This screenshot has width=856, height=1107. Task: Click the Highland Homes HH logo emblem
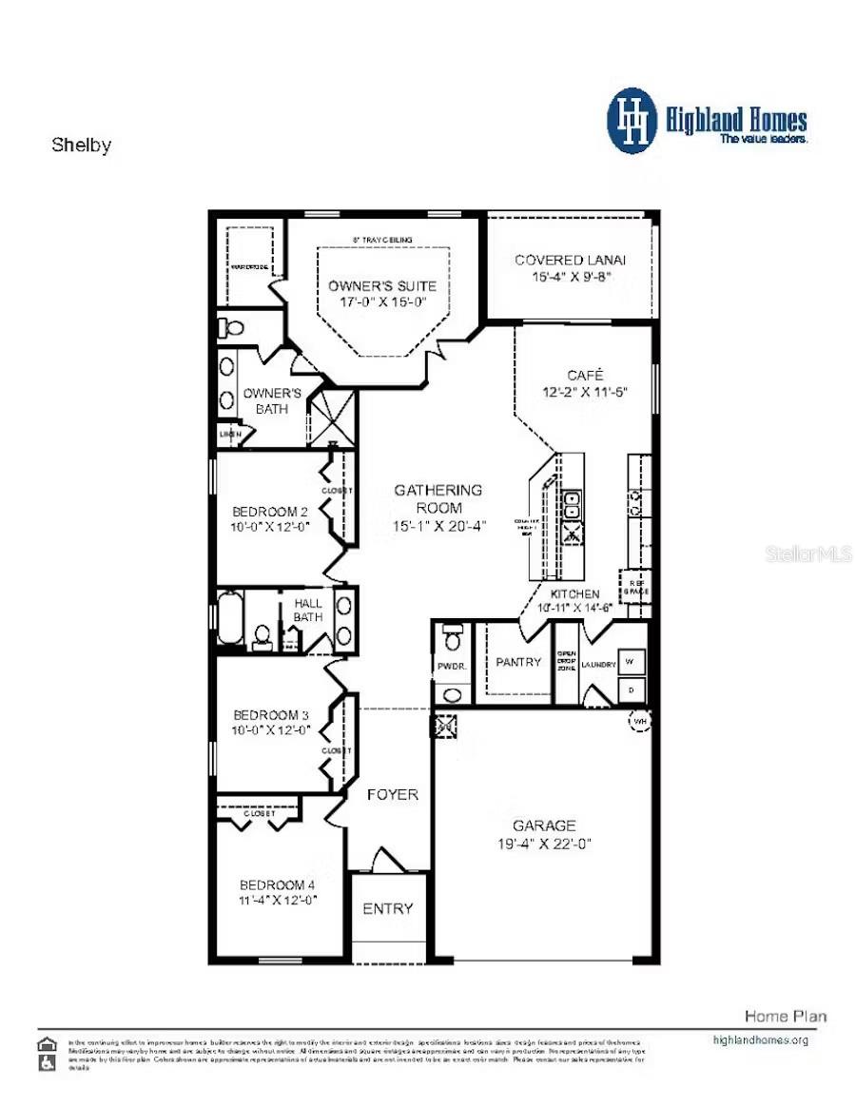pos(632,121)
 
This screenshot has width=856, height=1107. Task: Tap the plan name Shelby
pos(81,146)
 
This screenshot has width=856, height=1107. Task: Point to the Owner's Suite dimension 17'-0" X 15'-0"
pos(382,301)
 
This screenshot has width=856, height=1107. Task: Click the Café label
pos(585,375)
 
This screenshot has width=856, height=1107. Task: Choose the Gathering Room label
pos(438,490)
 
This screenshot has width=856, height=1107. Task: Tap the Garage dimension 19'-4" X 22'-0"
pos(544,844)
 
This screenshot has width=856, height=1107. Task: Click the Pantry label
pos(518,662)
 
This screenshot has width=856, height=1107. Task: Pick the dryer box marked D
pos(630,688)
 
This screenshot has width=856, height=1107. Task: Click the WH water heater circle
pos(639,721)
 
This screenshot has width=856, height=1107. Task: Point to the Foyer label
pos(392,794)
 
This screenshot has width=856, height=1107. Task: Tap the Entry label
pos(388,908)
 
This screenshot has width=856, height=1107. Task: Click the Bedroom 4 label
pos(278,884)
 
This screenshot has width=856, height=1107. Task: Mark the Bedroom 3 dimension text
pos(272,730)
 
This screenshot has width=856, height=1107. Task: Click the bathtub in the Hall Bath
pos(231,618)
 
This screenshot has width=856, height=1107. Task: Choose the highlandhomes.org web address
pos(760,1039)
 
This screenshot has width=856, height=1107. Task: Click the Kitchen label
pos(575,593)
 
